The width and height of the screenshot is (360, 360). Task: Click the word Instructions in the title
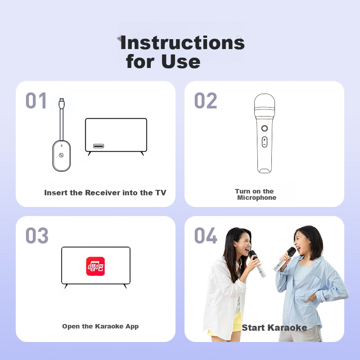click(183, 43)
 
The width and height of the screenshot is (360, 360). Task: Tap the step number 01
click(36, 100)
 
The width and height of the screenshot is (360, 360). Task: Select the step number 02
click(206, 100)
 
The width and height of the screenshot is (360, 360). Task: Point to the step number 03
click(37, 235)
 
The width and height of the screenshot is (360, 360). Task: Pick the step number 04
click(206, 235)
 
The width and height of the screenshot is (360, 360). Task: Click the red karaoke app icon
click(95, 266)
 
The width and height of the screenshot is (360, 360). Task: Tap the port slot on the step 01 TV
click(99, 146)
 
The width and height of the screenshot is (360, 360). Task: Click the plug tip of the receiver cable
click(62, 100)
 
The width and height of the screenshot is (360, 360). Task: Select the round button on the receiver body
click(61, 155)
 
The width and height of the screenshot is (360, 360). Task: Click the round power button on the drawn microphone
click(265, 128)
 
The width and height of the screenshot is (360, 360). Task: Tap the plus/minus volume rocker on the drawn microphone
click(265, 142)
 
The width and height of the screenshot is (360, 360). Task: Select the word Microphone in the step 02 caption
click(256, 198)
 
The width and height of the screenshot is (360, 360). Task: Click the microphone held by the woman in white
click(257, 264)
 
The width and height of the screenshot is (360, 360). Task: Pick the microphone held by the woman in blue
click(284, 259)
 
